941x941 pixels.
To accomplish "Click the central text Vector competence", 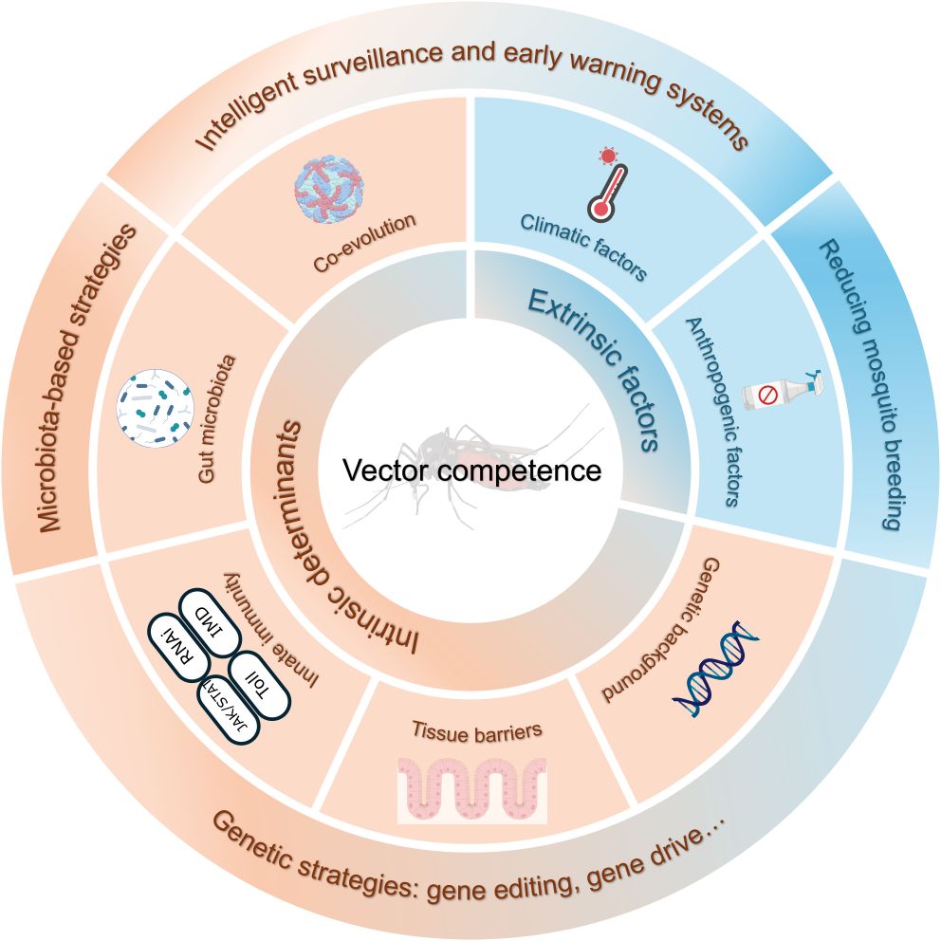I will pos(471,470).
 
